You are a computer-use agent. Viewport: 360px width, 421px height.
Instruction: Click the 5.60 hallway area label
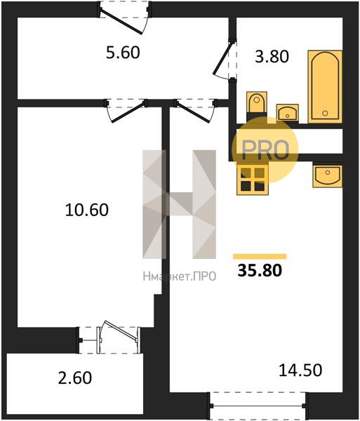(x=123, y=53)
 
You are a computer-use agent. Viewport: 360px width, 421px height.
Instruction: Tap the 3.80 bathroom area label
(x=272, y=57)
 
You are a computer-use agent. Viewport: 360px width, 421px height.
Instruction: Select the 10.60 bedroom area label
(x=87, y=210)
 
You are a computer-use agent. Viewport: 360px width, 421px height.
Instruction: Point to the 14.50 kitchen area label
(x=300, y=370)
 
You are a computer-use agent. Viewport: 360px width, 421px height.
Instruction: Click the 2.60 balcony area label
(x=75, y=377)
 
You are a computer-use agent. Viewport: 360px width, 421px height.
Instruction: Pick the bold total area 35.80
(x=260, y=270)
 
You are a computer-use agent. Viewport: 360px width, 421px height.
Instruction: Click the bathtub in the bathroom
(x=325, y=86)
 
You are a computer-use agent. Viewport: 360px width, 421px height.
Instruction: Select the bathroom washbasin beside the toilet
(x=287, y=112)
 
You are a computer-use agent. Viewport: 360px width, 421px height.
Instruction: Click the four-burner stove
(x=253, y=179)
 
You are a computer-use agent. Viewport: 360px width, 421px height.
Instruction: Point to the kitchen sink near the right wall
(x=327, y=176)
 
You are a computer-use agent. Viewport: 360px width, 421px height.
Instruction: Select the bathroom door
(x=225, y=59)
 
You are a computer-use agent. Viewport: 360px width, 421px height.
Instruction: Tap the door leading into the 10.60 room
(x=126, y=111)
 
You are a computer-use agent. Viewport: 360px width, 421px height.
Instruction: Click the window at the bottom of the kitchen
(x=258, y=406)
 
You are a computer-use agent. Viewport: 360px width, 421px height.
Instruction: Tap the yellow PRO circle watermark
(x=265, y=149)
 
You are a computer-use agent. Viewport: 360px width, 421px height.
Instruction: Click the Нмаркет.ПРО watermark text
(x=180, y=276)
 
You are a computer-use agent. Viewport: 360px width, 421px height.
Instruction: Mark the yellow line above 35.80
(x=260, y=256)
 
